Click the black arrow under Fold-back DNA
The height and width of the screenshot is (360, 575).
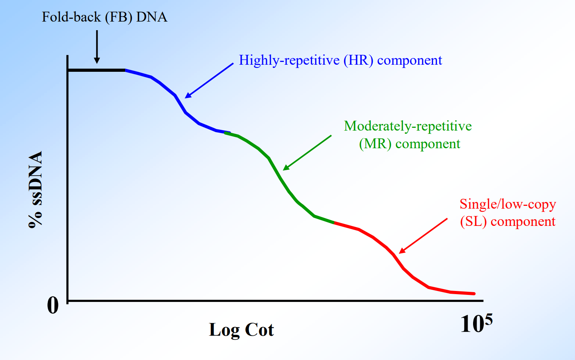pyautogui.click(x=97, y=47)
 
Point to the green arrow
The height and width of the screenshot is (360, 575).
pyautogui.click(x=307, y=153)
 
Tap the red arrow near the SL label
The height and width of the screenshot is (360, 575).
pyautogui.click(x=423, y=236)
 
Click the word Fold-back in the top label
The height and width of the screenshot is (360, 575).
pyautogui.click(x=71, y=17)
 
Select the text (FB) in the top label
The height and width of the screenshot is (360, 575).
pyautogui.click(x=118, y=17)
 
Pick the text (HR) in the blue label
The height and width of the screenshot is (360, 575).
pyautogui.click(x=358, y=60)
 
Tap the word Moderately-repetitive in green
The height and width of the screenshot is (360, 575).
pyautogui.click(x=408, y=126)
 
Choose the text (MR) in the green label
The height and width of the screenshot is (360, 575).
pyautogui.click(x=375, y=144)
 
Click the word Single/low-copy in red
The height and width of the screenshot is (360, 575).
pyautogui.click(x=508, y=204)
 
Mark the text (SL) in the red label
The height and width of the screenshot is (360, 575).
pyautogui.click(x=473, y=222)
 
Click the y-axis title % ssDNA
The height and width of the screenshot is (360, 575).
pyautogui.click(x=36, y=189)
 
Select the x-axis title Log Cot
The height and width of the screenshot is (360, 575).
pyautogui.click(x=241, y=330)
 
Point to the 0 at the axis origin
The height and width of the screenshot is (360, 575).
pyautogui.click(x=53, y=305)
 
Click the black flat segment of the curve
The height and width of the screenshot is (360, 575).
pyautogui.click(x=96, y=70)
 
